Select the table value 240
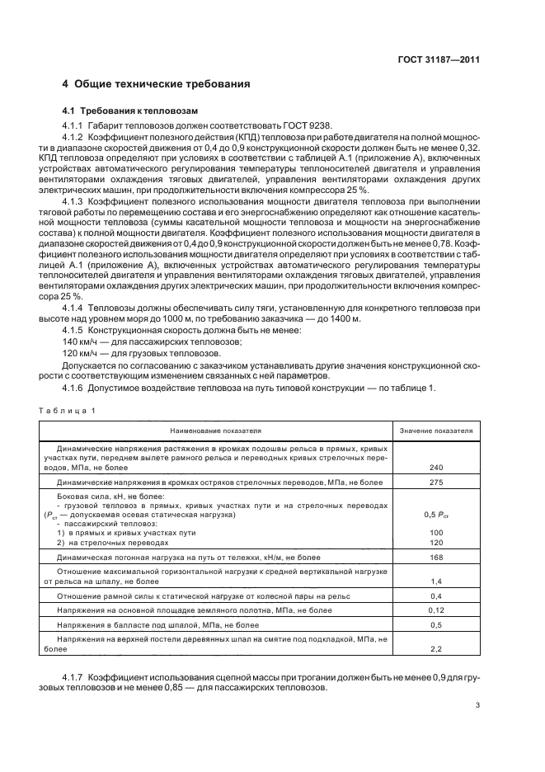(436, 467)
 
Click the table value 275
(436, 482)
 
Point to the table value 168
(436, 558)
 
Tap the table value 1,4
(436, 581)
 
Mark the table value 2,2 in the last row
(436, 649)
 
